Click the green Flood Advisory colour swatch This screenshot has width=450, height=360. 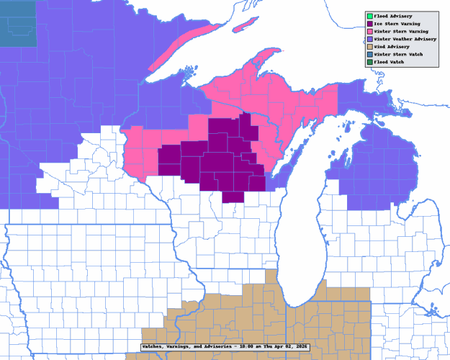369,15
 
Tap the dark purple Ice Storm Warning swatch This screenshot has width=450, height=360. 369,23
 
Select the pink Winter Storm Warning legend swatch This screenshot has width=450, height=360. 369,31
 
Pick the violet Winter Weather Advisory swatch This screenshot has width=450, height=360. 369,39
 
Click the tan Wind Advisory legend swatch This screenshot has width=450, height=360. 369,46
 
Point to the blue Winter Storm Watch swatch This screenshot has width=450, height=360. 369,54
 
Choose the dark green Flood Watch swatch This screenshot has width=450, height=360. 369,62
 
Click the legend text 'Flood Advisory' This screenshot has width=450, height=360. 393,15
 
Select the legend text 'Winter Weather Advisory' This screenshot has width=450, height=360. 405,39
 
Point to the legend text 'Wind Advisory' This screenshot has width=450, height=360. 392,46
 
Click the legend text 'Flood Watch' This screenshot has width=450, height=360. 389,62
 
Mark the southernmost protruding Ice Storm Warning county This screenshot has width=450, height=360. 233,197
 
